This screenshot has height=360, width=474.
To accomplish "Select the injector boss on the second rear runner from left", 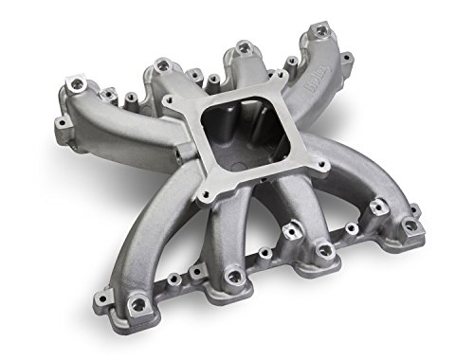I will (161, 64).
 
